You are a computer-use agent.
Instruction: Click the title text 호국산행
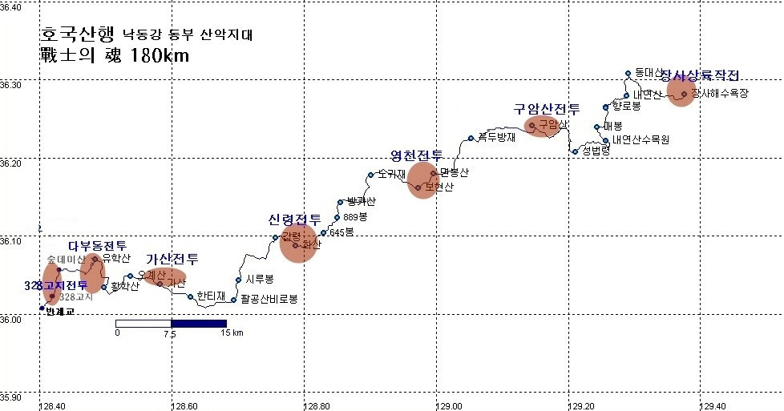pos(78,36)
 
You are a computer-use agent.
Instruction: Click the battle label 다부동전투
pos(97,245)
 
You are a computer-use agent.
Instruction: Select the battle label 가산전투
pos(172,259)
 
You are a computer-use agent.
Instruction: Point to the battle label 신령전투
pos(295,220)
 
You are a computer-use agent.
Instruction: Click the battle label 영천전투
pos(416,155)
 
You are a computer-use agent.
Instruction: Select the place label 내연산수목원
pos(641,139)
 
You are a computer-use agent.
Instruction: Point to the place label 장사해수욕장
pos(719,94)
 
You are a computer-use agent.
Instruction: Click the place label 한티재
pos(211,295)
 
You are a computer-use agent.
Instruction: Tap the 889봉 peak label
pos(355,217)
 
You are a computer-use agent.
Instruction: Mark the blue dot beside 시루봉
pos(238,280)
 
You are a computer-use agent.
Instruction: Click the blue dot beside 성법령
pos(575,151)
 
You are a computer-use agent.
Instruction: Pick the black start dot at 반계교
pos(42,308)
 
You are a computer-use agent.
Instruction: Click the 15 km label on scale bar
pos(232,332)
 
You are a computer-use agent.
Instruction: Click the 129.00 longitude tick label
pos(437,405)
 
